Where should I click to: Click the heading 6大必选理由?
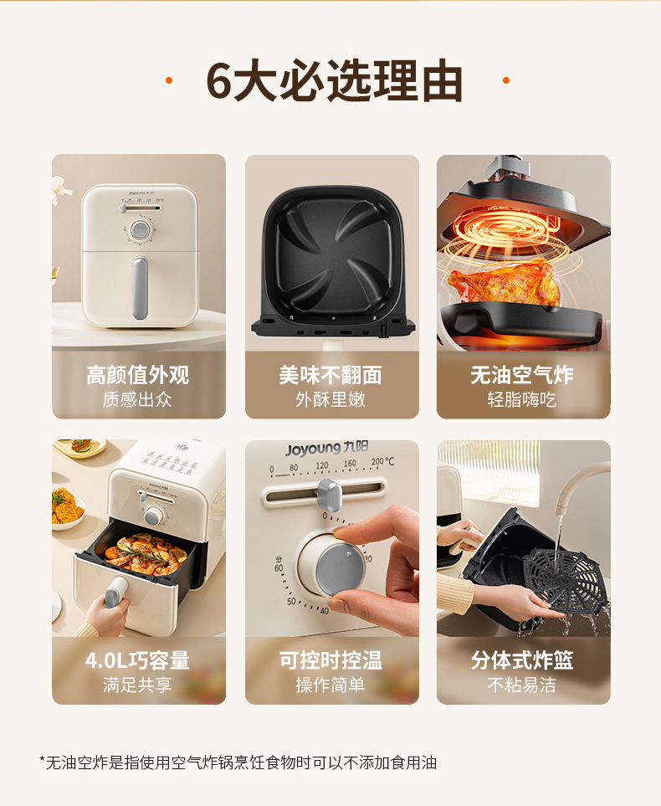point(334,80)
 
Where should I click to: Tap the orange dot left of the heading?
point(168,80)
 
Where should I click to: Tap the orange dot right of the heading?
point(505,80)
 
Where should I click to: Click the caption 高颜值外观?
point(138,375)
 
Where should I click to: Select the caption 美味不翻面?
point(330,375)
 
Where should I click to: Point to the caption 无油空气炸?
point(522,375)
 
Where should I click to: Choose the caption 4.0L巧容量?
point(138,660)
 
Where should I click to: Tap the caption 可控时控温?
point(330,660)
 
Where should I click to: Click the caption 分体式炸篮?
point(522,660)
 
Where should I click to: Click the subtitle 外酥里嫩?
point(330,399)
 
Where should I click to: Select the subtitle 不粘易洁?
point(522,685)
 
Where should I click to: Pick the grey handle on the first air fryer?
point(140,288)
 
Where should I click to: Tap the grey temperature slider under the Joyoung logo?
point(329,495)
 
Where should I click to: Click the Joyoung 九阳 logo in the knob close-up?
point(326,449)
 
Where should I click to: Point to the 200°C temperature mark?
point(382,462)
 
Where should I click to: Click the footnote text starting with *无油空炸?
point(238,762)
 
